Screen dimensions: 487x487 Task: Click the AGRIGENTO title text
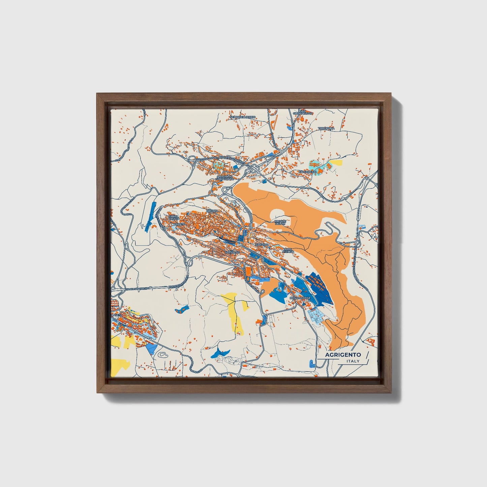tap(343, 355)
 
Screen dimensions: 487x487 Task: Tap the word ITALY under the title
tap(353, 361)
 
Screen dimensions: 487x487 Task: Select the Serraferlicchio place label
tap(243, 117)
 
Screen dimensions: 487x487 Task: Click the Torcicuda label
tap(327, 128)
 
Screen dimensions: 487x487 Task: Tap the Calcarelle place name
tap(307, 172)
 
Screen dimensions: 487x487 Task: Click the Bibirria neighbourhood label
tap(213, 211)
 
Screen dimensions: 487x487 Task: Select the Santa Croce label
tap(174, 218)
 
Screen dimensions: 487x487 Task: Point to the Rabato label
tap(180, 224)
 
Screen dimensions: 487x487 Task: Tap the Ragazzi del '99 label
tap(280, 222)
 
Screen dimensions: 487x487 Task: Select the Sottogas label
tap(232, 252)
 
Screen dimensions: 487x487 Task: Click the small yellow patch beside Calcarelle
tap(336, 163)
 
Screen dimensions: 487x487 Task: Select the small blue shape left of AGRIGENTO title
tap(311, 364)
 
